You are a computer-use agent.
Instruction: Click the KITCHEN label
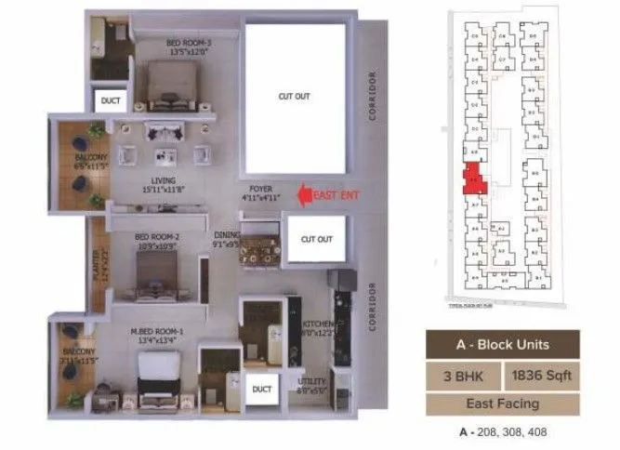[x=319, y=327]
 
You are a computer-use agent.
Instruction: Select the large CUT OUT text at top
[x=294, y=96]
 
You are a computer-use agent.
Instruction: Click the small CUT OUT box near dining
[x=316, y=239]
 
